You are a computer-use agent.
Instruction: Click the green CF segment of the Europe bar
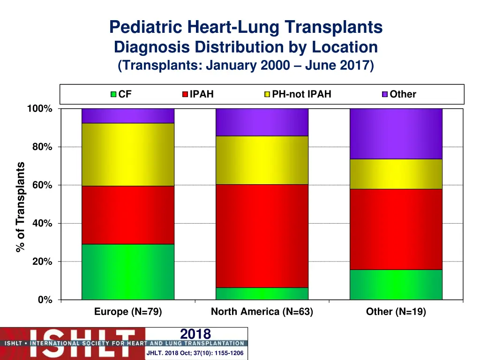128,272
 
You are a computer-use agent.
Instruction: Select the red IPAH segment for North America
262,236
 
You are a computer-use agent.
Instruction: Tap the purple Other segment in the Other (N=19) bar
396,134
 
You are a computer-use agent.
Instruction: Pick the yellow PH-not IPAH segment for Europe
128,155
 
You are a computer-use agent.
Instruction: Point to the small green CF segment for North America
262,293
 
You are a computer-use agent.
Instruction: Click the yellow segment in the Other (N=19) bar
396,174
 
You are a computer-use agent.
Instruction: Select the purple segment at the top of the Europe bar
128,116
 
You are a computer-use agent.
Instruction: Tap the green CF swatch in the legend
113,94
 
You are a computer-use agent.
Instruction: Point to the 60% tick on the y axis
42,185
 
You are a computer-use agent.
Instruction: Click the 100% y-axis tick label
40,109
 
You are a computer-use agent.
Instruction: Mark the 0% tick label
45,300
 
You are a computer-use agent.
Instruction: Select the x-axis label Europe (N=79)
128,312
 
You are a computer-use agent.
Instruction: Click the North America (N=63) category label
262,312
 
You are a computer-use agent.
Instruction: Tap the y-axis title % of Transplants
20,207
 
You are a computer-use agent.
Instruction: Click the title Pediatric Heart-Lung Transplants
246,28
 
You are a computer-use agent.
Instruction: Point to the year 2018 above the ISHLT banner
195,334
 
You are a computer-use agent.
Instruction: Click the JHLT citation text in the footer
195,353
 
